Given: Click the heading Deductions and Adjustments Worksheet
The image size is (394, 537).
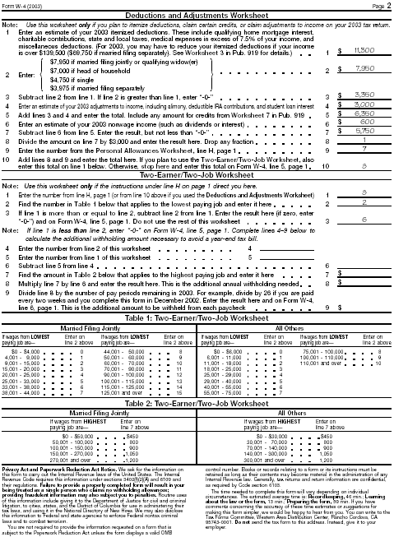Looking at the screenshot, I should tap(197, 14).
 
